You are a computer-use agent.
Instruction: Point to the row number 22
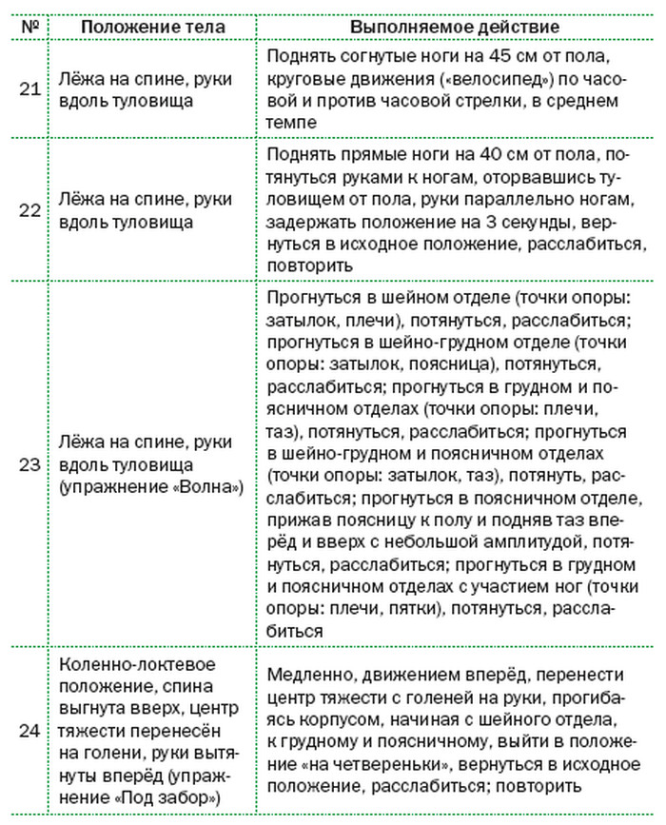point(29,211)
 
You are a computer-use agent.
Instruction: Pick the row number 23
point(29,464)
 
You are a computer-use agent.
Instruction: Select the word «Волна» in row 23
point(209,486)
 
